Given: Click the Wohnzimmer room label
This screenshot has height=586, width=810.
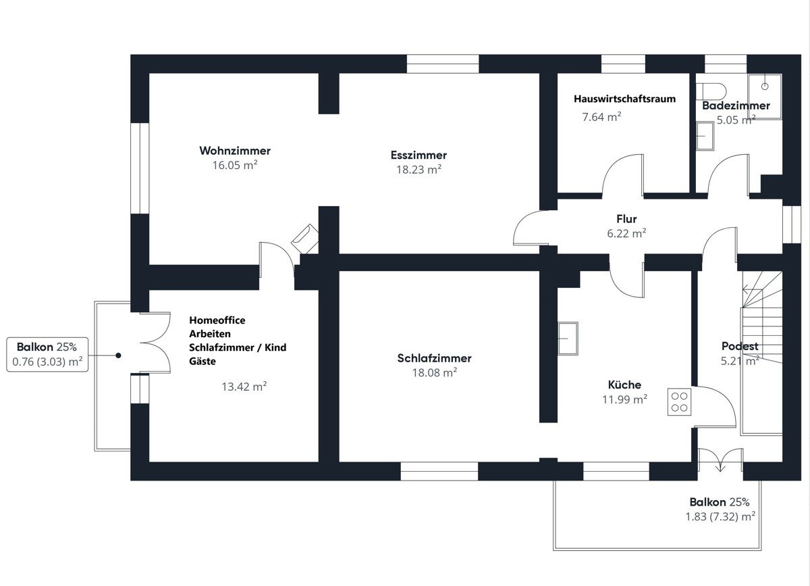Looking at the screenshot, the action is [x=235, y=151].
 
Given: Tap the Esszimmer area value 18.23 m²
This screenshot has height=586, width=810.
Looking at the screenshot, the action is [x=418, y=170].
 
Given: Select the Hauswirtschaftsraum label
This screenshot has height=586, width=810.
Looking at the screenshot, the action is [x=624, y=99].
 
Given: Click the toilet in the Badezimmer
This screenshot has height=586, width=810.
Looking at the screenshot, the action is [x=711, y=92].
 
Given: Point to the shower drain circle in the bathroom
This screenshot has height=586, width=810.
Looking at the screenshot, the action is [x=764, y=87].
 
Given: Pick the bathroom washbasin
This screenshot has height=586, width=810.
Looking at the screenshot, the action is [x=705, y=136].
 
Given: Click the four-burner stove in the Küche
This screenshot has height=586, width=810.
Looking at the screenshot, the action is [x=679, y=402].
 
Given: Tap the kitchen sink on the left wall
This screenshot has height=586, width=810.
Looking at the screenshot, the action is [x=568, y=338].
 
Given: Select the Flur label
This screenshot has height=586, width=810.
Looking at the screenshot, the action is [x=626, y=219].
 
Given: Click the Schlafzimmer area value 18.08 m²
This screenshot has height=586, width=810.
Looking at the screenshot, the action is [x=435, y=372].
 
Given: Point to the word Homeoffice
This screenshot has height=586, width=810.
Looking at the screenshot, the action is [x=217, y=320].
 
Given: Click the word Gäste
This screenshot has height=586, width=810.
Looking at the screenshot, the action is [x=202, y=361].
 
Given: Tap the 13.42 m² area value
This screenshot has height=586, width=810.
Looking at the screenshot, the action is [x=244, y=387].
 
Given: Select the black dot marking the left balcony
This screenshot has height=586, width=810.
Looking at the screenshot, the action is [x=118, y=356].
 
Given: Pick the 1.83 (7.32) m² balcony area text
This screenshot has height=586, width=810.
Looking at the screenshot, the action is [x=720, y=516].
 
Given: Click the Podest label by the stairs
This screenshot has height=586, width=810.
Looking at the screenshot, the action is [x=740, y=346].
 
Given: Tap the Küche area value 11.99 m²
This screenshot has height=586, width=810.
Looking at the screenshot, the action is [x=624, y=399].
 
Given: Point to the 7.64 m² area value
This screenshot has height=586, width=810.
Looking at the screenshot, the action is [x=601, y=117].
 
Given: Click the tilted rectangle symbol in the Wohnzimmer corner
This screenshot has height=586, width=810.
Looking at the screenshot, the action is [x=305, y=239].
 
